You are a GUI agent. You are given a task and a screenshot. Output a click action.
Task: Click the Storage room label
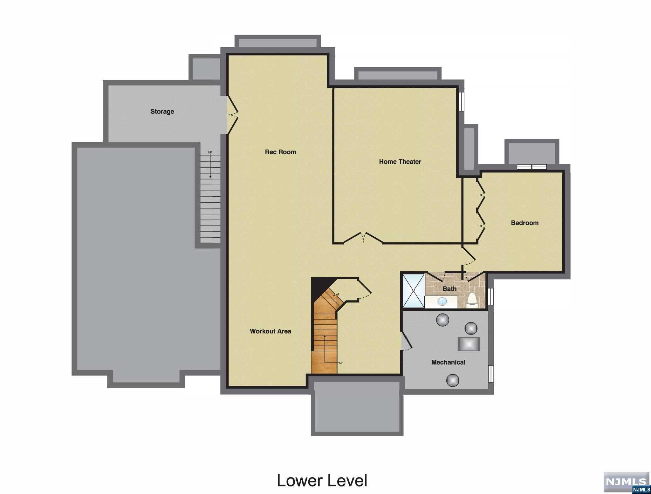point(162,112)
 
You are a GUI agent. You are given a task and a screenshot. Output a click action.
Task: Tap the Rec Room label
point(280,152)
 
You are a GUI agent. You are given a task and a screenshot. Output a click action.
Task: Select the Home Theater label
point(400,162)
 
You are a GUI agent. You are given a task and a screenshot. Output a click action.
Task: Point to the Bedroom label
point(524,223)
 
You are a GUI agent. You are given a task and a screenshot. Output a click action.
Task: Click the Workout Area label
point(270,331)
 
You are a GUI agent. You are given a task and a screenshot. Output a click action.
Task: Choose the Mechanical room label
point(448,362)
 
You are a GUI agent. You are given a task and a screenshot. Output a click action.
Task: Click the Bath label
point(449,289)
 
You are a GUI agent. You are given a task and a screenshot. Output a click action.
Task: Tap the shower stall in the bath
point(413,290)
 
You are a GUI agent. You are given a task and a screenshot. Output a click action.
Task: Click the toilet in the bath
point(472,301)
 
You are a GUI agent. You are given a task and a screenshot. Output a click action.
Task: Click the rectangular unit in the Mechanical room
point(469,344)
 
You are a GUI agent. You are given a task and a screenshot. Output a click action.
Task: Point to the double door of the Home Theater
point(363,238)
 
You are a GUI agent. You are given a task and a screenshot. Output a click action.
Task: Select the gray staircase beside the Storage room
point(210,197)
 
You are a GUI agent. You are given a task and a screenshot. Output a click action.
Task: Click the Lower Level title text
point(322,480)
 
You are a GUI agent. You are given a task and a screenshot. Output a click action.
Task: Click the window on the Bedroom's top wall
point(531,167)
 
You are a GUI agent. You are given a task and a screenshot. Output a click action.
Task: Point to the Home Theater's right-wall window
point(461,101)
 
